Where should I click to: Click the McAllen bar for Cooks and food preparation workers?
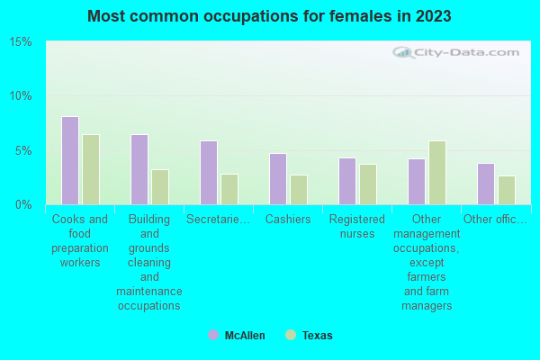pyautogui.click(x=70, y=160)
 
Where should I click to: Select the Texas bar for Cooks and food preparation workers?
pyautogui.click(x=91, y=169)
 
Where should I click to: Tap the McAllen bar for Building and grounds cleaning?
pyautogui.click(x=139, y=169)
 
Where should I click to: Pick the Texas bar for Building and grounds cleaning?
pyautogui.click(x=160, y=186)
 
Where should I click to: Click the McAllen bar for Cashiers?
pyautogui.click(x=278, y=178)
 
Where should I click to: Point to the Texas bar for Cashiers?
pyautogui.click(x=299, y=189)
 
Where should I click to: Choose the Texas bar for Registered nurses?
pyautogui.click(x=368, y=184)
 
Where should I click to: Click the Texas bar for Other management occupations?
pyautogui.click(x=437, y=172)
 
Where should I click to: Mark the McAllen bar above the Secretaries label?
pyautogui.click(x=209, y=172)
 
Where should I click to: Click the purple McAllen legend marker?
pyautogui.click(x=213, y=335)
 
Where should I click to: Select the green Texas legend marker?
pyautogui.click(x=290, y=335)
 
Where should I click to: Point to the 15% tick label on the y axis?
pyautogui.click(x=21, y=42)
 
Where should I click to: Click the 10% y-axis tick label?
pyautogui.click(x=21, y=96)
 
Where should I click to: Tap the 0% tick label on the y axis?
pyautogui.click(x=23, y=204)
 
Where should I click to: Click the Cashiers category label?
pyautogui.click(x=288, y=219)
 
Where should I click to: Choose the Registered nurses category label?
pyautogui.click(x=357, y=226)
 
